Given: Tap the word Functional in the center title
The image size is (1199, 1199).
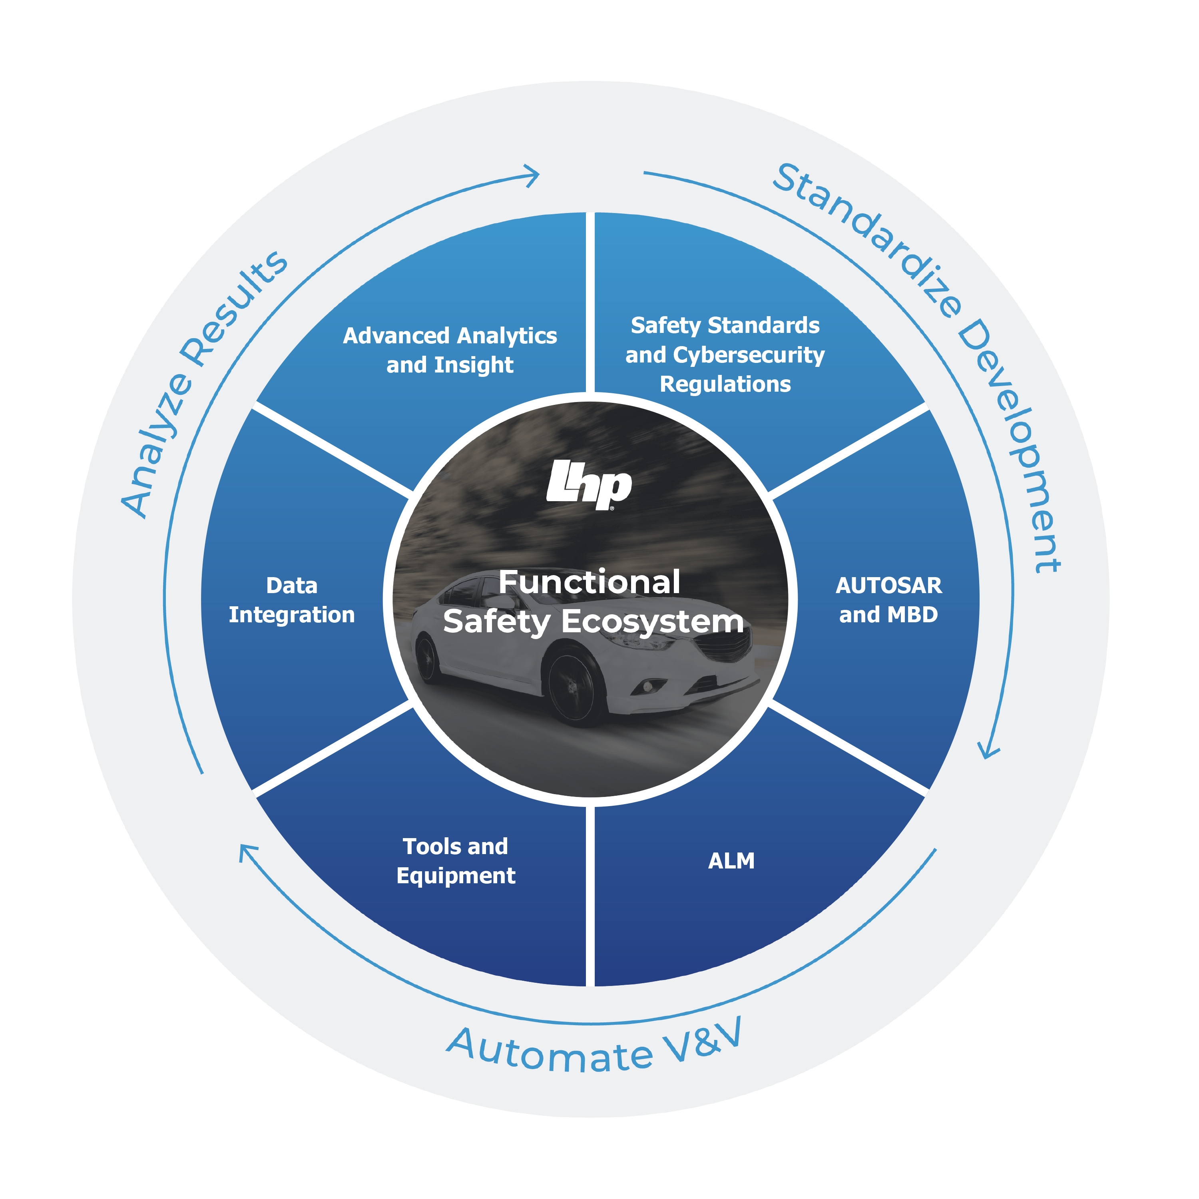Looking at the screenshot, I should click(x=589, y=582).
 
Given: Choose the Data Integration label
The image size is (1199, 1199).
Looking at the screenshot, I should click(x=292, y=600).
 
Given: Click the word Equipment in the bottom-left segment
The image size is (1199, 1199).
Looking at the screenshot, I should click(x=456, y=876).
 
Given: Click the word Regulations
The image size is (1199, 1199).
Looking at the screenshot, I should click(x=725, y=384).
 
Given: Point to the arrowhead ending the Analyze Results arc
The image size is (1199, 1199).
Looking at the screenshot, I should click(x=532, y=175).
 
